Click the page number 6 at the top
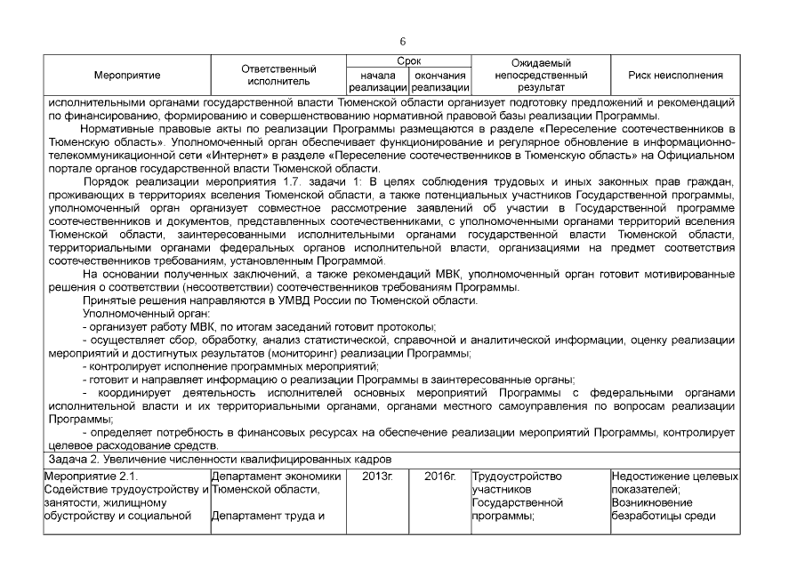[x=403, y=42]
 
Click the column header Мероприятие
[x=126, y=76]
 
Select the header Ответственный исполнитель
[x=279, y=76]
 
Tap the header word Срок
[x=409, y=60]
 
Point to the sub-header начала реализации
[x=378, y=82]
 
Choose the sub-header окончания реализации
[x=440, y=82]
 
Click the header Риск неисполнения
[x=675, y=76]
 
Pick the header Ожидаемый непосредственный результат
[x=541, y=76]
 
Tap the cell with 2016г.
[x=440, y=477]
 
